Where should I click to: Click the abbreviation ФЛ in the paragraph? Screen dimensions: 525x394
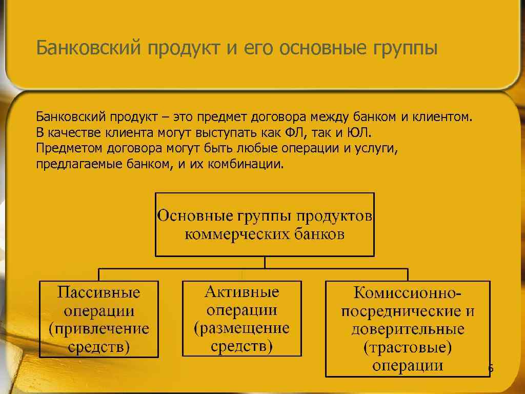(x=294, y=133)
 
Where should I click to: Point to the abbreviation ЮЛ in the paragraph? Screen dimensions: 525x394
(x=357, y=133)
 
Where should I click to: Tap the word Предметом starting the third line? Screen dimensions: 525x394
(x=70, y=149)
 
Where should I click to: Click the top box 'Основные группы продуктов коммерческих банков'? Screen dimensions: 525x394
(x=265, y=224)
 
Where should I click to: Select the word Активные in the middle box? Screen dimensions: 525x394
(x=242, y=292)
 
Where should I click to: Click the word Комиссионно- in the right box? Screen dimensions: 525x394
(x=408, y=294)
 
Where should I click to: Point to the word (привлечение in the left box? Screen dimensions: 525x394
(x=98, y=329)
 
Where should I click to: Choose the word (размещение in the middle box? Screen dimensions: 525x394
(x=242, y=328)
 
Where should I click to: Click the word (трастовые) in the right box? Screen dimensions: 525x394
(x=408, y=348)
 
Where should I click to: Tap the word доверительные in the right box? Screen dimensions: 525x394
(x=408, y=329)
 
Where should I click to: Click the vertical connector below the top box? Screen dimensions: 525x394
(x=265, y=262)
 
